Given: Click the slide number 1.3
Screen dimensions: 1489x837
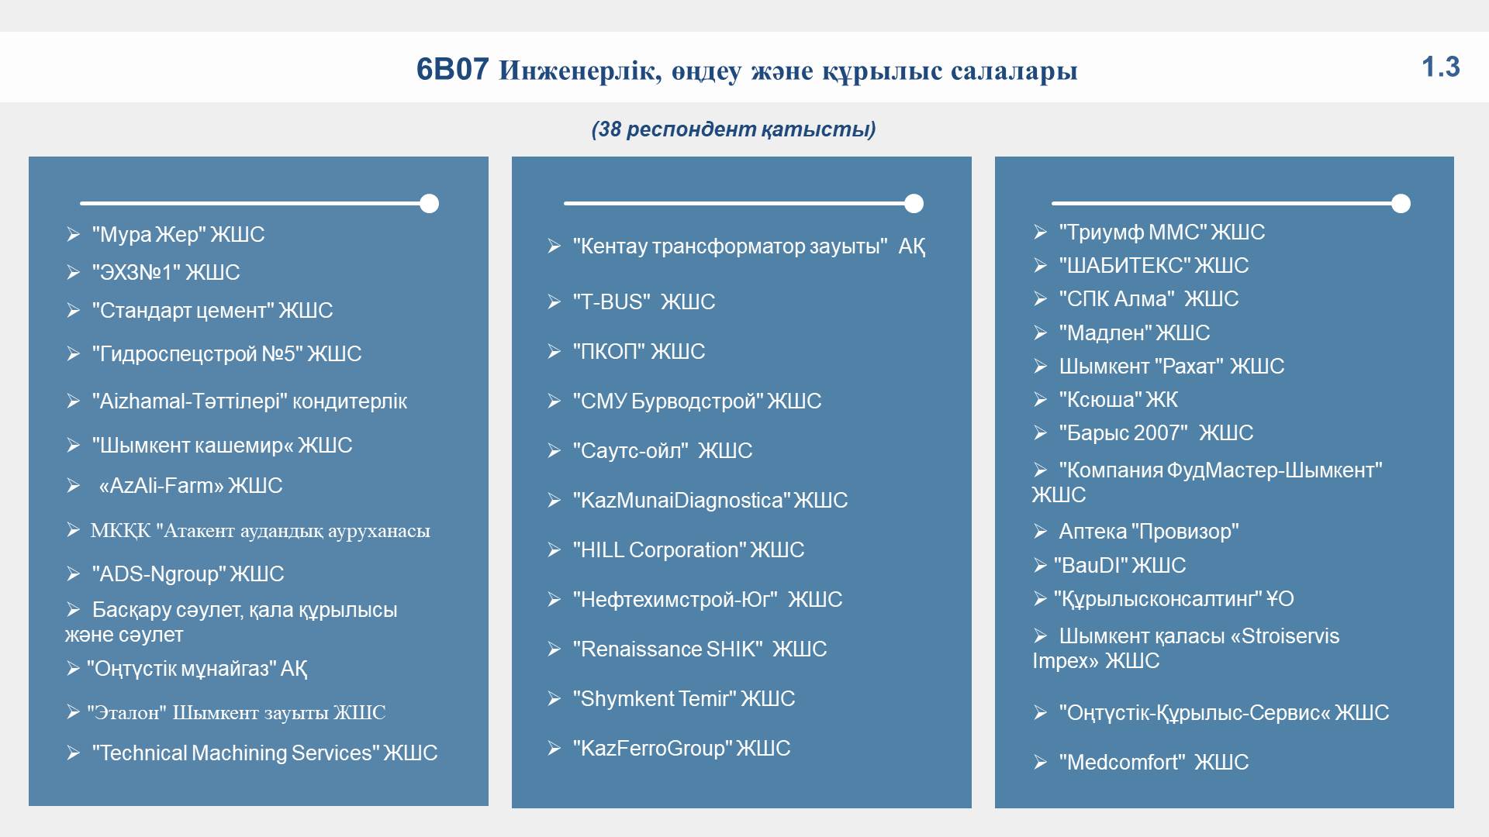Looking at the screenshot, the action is (x=1441, y=67).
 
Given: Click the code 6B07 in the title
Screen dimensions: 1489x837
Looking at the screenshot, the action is (x=452, y=70).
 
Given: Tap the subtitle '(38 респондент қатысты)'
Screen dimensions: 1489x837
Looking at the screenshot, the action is (x=734, y=129).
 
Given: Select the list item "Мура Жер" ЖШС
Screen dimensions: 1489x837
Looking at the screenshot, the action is (x=178, y=234).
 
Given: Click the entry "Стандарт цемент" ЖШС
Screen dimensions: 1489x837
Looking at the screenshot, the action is (x=212, y=310).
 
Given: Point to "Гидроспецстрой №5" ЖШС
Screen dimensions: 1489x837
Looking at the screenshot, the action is (x=226, y=353).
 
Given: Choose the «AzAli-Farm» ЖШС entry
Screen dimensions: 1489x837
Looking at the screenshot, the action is (x=190, y=485).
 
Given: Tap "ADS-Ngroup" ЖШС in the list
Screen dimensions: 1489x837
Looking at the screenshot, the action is (x=188, y=573).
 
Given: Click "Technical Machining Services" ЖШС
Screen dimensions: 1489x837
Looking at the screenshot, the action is (x=264, y=753).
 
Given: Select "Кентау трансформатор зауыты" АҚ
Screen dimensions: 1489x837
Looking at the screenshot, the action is (x=748, y=246).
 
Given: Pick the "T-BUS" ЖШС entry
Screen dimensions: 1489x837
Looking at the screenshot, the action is (x=644, y=301).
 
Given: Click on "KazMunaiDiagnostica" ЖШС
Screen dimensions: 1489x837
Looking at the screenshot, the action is (x=710, y=500).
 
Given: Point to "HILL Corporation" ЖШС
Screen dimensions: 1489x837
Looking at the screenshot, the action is (x=688, y=549).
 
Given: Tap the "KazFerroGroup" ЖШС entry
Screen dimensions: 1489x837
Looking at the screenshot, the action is (x=681, y=748).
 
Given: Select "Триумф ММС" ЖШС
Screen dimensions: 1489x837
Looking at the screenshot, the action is (x=1162, y=232).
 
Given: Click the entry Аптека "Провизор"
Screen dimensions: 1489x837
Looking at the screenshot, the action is (x=1149, y=531).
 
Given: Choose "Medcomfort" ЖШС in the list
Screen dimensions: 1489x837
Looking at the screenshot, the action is (x=1153, y=762).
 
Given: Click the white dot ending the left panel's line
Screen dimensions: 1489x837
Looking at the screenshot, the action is (x=429, y=204).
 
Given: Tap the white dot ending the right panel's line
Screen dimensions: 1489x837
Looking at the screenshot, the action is (x=1401, y=204).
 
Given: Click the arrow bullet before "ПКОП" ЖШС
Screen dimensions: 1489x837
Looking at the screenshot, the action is (x=554, y=351).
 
